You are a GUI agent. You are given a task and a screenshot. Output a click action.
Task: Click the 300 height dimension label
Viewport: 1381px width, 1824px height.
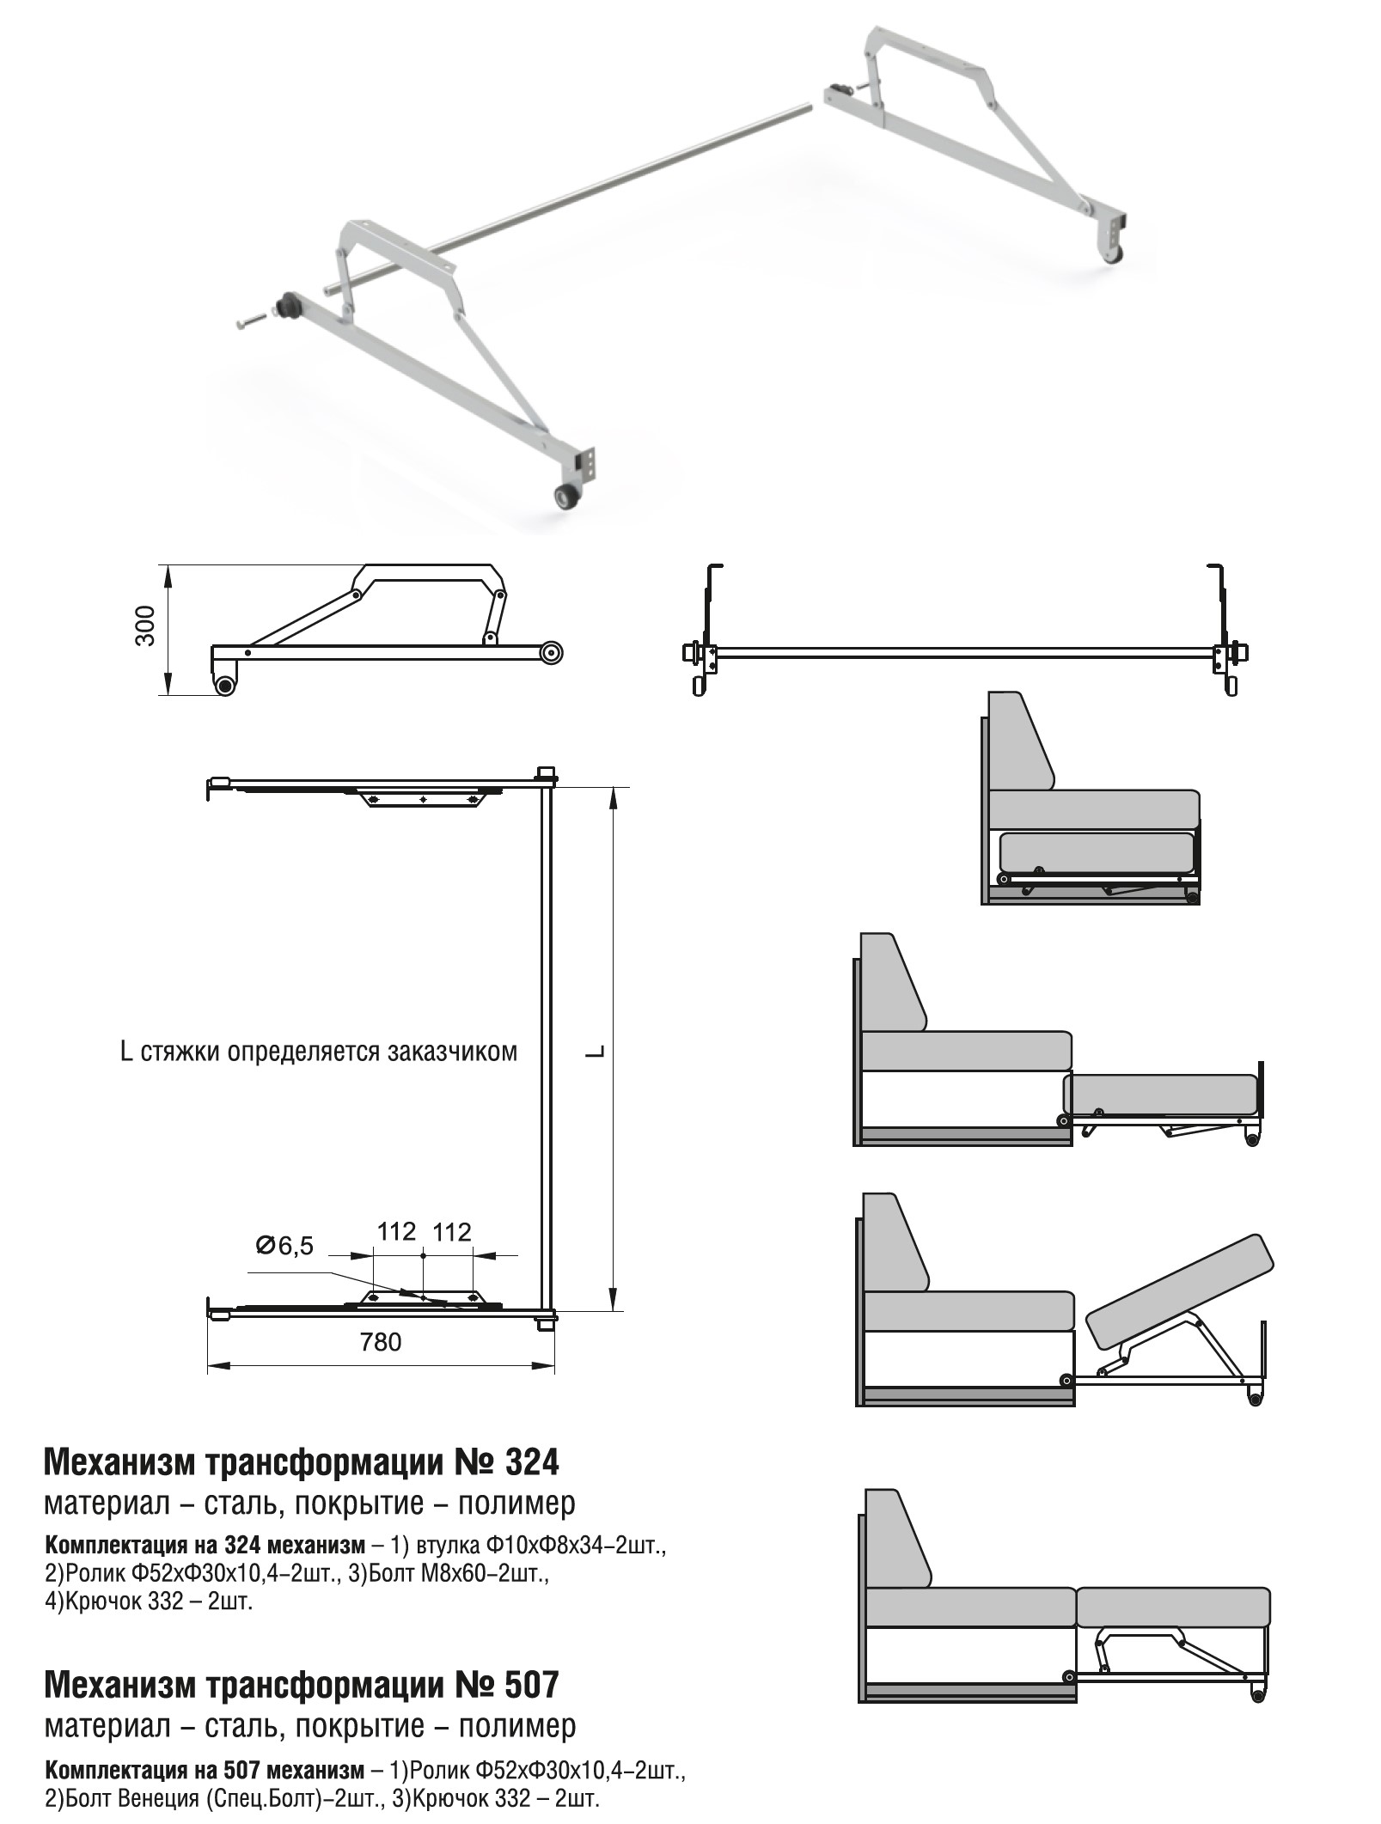(146, 626)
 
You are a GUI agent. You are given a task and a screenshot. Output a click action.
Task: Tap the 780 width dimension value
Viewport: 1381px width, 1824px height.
(381, 1341)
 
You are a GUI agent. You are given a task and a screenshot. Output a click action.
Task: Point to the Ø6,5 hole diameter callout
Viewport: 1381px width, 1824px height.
(284, 1245)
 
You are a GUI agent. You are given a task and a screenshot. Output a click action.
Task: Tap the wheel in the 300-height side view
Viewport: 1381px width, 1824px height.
(225, 685)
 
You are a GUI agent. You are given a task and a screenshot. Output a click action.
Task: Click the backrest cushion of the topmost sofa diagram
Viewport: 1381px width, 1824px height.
(1021, 743)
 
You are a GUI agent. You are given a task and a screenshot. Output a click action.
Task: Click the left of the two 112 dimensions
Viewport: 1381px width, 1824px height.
(396, 1232)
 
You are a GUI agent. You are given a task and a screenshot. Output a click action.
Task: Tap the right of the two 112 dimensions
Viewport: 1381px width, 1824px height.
(452, 1232)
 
